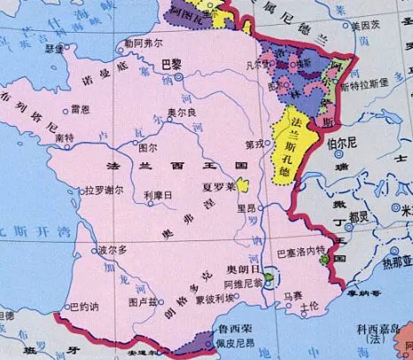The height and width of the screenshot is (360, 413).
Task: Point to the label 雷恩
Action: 79,108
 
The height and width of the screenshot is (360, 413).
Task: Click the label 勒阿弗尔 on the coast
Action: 144,42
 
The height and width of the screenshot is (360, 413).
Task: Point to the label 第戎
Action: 254,144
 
